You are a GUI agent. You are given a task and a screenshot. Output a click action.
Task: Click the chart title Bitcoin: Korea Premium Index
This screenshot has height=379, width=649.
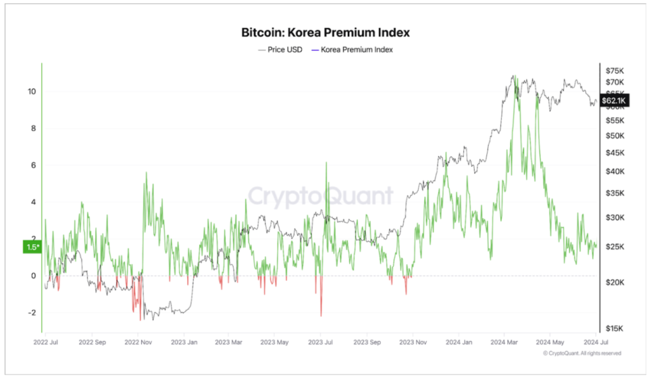[325, 31]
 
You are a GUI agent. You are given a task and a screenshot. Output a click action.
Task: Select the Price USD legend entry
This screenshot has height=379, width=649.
[280, 49]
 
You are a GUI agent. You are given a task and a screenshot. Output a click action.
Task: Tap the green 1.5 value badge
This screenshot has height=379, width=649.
[32, 247]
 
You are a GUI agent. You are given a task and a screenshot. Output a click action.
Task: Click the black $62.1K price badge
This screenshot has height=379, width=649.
[614, 101]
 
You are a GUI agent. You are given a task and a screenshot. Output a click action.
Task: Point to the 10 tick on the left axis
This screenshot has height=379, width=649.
[31, 91]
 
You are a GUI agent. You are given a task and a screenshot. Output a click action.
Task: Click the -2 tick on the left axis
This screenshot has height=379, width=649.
[30, 312]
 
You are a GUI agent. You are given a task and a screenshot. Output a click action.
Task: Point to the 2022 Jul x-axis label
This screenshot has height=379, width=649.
[46, 342]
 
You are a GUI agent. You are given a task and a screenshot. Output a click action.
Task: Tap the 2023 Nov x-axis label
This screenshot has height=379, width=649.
[412, 342]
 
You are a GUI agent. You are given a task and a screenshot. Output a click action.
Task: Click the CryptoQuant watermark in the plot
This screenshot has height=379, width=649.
[320, 196]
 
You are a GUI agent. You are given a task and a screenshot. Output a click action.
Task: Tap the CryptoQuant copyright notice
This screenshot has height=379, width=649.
[582, 353]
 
